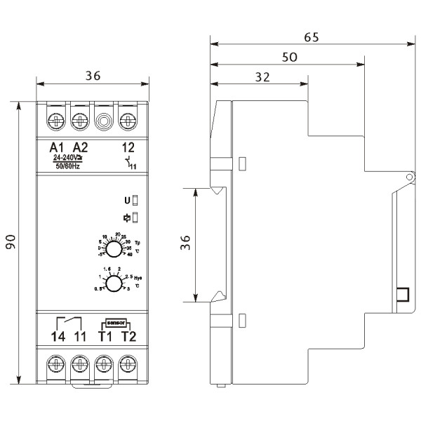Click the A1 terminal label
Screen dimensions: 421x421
pyautogui.click(x=57, y=147)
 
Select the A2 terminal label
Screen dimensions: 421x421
pyautogui.click(x=81, y=147)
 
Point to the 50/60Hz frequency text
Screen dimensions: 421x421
pyautogui.click(x=68, y=167)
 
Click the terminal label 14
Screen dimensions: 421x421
pyautogui.click(x=57, y=336)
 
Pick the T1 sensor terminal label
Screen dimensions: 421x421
pyautogui.click(x=105, y=336)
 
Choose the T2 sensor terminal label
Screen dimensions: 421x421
pyautogui.click(x=128, y=336)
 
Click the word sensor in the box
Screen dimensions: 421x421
pyautogui.click(x=115, y=323)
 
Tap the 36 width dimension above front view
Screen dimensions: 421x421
pyautogui.click(x=92, y=77)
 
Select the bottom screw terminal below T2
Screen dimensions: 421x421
pyautogui.click(x=128, y=364)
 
